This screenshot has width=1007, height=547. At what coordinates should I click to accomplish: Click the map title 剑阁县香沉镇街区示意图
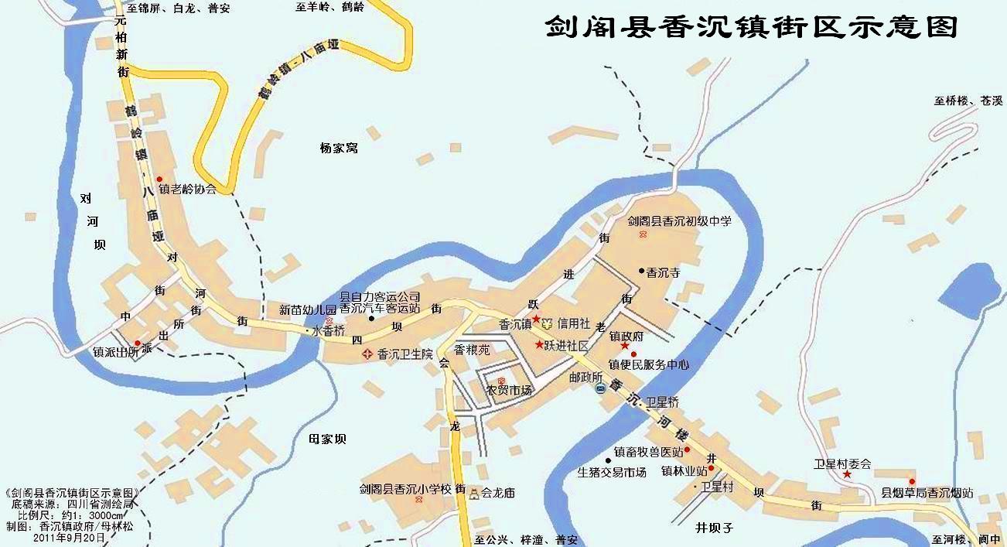pos(751,27)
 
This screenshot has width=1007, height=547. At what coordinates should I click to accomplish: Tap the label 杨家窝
pos(339,148)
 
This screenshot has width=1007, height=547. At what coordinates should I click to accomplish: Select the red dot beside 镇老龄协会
pos(160,179)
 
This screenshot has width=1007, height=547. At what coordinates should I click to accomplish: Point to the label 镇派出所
pos(115,352)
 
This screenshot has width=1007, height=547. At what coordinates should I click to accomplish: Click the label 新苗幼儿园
pos(308,310)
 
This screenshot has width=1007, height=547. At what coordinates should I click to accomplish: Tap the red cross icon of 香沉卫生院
pos(367,354)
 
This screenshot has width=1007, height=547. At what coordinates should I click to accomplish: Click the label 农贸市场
pos(509,391)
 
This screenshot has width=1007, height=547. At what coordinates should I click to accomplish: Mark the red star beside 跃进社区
pos(539,344)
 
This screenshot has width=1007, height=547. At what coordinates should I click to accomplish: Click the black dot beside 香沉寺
pos(641,270)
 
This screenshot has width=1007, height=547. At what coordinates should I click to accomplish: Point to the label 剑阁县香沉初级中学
pos(679,221)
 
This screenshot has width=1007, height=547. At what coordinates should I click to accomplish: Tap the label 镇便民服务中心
pos(649,364)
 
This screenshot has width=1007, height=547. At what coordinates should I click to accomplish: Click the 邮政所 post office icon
pos(601,388)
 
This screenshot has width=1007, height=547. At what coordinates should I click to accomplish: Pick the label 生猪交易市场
pos(612,472)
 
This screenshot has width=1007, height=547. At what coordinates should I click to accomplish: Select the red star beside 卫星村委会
pos(847,474)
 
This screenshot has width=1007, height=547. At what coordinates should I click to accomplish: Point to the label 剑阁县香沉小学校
pos(405,489)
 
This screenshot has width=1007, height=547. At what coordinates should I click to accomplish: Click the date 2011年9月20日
pos(69,536)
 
